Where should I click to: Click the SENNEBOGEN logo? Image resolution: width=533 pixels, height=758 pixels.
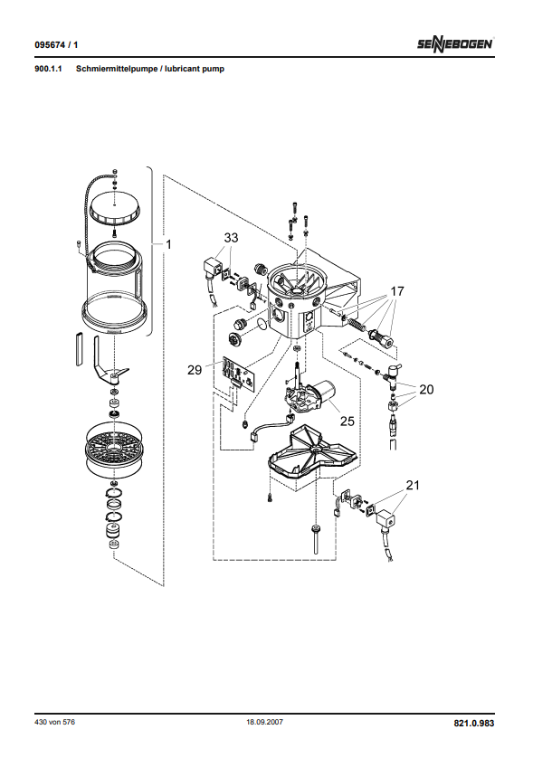(455, 44)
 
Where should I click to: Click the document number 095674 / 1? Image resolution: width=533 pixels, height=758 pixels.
(56, 45)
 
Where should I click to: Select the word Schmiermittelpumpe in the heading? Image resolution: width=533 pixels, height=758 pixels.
(116, 69)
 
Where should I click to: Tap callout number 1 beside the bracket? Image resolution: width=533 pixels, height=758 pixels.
(168, 244)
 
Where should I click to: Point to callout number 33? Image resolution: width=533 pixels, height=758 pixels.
(231, 237)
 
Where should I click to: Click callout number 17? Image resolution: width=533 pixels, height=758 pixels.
(397, 291)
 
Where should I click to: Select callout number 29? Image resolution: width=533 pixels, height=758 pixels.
(195, 370)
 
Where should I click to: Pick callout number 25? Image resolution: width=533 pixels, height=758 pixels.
(347, 421)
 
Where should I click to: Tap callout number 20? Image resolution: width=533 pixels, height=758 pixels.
(426, 389)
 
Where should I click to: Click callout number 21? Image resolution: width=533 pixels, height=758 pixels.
(413, 485)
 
